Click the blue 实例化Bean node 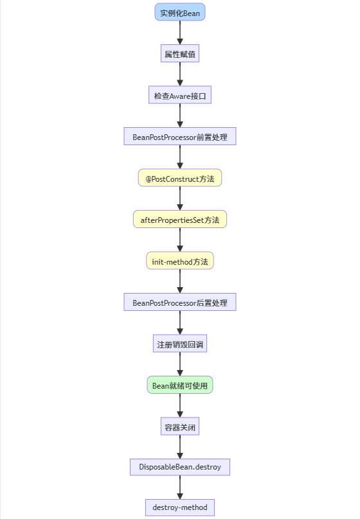click(180, 13)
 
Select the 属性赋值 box click(180, 54)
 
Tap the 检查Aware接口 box click(180, 96)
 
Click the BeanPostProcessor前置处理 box click(180, 137)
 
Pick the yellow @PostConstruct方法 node click(180, 178)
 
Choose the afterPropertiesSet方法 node click(180, 220)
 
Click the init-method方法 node click(180, 261)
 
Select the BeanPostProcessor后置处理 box click(180, 302)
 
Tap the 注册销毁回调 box click(180, 344)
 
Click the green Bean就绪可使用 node click(180, 385)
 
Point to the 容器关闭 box click(180, 426)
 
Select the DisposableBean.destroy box click(180, 467)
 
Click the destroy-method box click(180, 507)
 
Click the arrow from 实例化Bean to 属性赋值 click(180, 33)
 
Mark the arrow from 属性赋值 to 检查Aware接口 click(180, 75)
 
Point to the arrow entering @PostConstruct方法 click(180, 157)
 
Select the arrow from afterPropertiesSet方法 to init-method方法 click(180, 240)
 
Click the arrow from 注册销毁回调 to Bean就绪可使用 click(180, 364)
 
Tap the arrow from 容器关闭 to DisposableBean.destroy click(180, 446)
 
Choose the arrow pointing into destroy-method click(180, 488)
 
